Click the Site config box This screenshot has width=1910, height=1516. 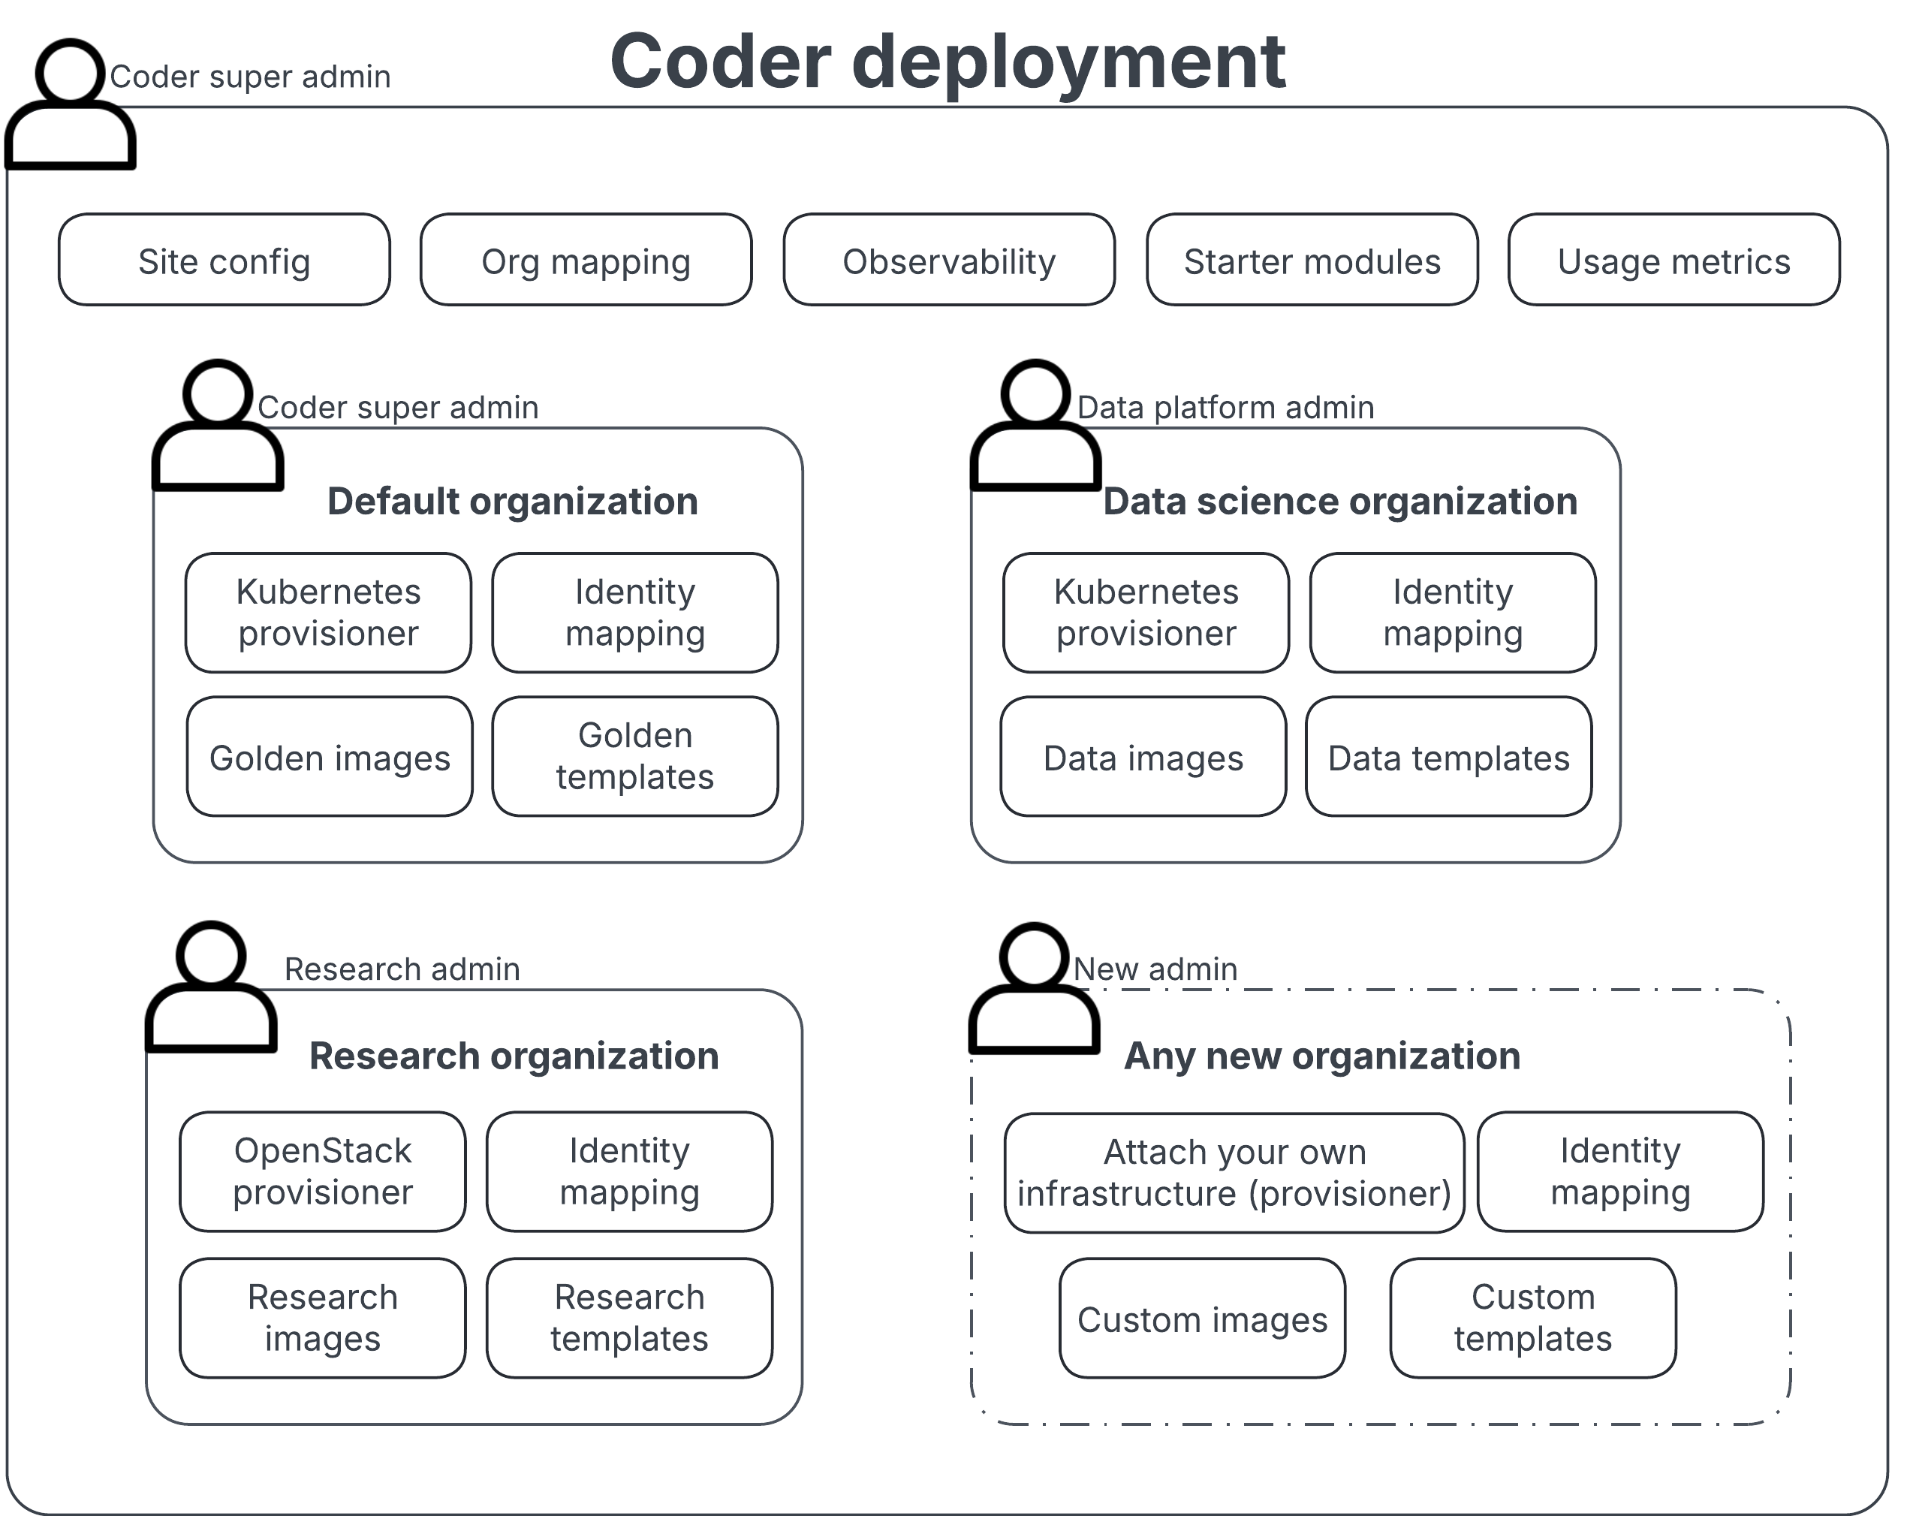[x=224, y=261]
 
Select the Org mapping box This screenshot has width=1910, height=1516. [x=586, y=261]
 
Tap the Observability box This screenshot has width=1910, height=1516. [x=949, y=261]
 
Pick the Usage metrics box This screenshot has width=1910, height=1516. [x=1674, y=261]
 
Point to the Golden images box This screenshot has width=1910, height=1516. [x=330, y=757]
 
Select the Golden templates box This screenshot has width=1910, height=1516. [x=634, y=756]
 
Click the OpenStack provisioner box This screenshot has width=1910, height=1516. [x=323, y=1171]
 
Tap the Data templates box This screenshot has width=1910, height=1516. [x=1448, y=757]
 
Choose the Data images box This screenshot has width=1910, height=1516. [x=1143, y=757]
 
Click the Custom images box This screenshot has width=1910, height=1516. [x=1202, y=1319]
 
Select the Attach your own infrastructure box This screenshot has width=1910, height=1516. [x=1234, y=1172]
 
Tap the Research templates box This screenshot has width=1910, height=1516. [x=629, y=1318]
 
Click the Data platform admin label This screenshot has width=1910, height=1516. [x=1225, y=408]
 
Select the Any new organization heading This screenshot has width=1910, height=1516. [x=1322, y=1055]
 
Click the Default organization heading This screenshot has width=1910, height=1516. [x=512, y=502]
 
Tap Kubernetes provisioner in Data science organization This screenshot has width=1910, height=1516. [x=1146, y=612]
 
